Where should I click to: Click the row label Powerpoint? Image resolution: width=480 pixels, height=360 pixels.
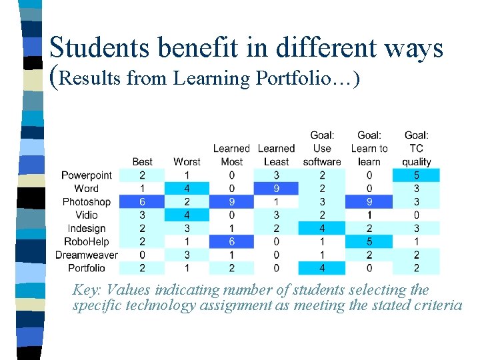click(87, 175)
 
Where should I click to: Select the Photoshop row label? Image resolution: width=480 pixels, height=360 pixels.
click(87, 202)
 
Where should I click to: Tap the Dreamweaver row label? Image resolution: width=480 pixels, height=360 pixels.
click(87, 255)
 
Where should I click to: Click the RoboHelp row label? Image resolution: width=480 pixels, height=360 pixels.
click(87, 241)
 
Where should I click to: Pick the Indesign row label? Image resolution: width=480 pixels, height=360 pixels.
click(87, 229)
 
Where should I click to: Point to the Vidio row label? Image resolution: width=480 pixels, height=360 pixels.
click(87, 215)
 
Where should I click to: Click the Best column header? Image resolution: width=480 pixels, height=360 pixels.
click(142, 161)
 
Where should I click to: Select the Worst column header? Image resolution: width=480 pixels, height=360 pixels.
click(187, 161)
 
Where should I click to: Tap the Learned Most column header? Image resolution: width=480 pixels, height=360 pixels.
click(231, 155)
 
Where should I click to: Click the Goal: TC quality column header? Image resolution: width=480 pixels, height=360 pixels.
click(417, 148)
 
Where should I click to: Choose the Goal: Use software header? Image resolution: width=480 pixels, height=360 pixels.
click(322, 148)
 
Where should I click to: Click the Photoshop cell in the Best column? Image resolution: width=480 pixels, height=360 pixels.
click(142, 202)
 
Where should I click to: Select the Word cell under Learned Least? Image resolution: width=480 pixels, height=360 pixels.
click(276, 189)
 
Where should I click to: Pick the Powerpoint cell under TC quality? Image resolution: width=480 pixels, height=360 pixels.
click(417, 175)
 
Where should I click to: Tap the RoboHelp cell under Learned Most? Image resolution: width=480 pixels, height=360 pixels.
click(231, 241)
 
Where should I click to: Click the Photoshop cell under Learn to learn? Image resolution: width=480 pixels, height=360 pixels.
click(369, 202)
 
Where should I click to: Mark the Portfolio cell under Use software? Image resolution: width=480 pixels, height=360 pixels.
click(322, 268)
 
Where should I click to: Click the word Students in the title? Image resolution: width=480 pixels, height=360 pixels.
click(95, 48)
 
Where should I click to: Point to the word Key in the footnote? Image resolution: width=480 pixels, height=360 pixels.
click(86, 291)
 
